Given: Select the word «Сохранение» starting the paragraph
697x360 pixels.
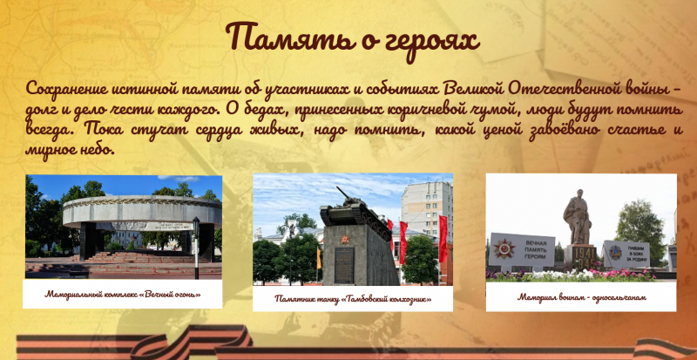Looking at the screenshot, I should point(71,89).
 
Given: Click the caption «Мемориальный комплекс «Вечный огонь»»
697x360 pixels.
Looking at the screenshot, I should point(123,294).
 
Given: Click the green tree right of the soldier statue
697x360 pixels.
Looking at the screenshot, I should point(639,226).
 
